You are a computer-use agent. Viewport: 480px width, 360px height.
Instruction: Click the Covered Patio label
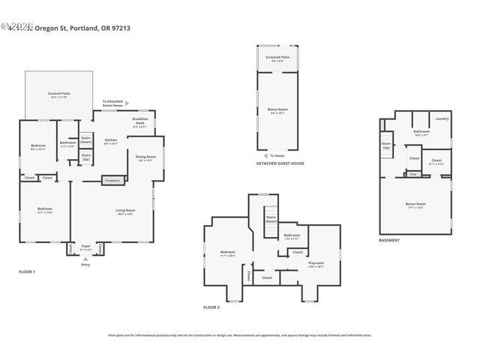58,94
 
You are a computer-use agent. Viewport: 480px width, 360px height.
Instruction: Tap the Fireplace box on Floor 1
112,180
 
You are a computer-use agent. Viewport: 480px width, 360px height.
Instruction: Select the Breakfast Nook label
140,121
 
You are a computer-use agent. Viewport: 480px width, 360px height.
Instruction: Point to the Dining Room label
144,157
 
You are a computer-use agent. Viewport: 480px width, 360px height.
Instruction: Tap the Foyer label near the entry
85,247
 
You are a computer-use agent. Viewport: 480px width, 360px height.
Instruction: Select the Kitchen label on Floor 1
111,141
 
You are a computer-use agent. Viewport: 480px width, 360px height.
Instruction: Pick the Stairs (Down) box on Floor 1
86,139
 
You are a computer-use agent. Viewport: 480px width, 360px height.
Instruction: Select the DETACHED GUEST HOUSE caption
280,163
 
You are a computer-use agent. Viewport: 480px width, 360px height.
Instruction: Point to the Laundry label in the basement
441,118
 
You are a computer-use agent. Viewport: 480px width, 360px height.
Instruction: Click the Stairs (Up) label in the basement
386,145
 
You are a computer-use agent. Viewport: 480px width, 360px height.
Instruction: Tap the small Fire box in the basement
413,174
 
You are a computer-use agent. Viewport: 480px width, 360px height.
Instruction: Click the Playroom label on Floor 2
316,263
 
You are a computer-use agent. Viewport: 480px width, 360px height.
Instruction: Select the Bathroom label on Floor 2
292,236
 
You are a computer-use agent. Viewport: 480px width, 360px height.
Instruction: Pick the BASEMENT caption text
389,241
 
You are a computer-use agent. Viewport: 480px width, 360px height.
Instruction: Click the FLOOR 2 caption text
211,307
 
